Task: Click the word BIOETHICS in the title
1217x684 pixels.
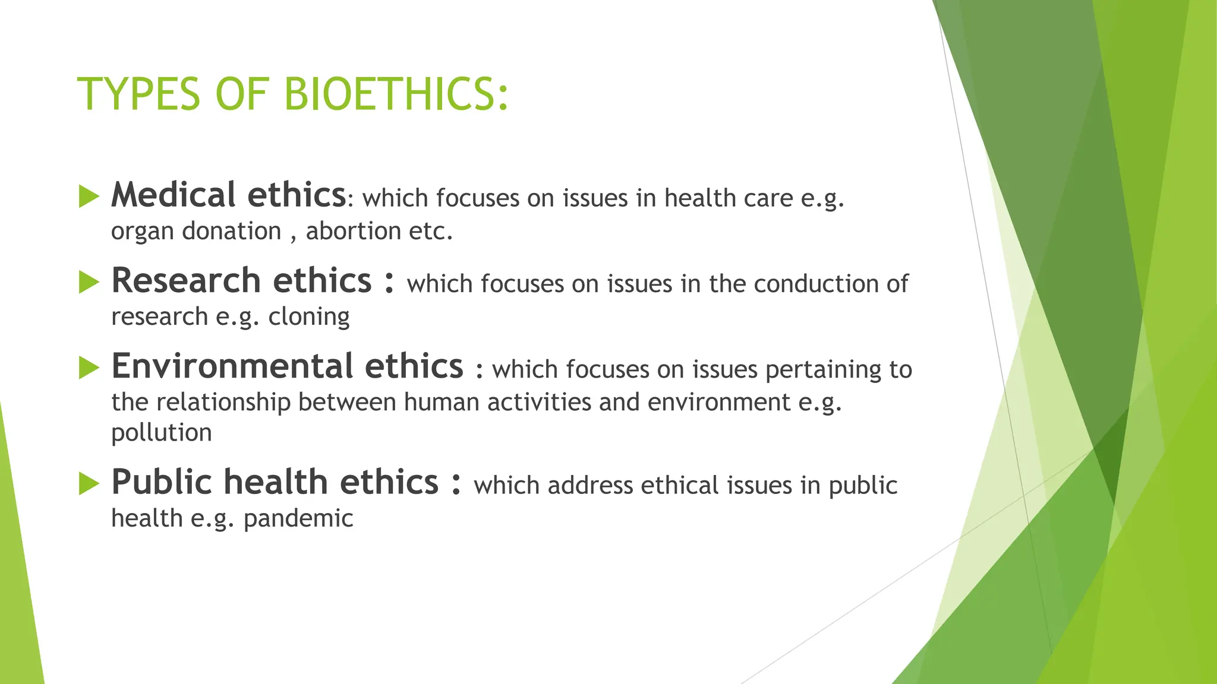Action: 396,94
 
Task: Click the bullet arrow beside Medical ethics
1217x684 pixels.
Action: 89,197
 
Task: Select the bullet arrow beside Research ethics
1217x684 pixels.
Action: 89,282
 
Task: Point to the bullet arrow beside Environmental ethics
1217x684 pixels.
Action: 89,368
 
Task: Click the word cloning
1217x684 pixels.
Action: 309,317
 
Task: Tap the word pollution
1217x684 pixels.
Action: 162,433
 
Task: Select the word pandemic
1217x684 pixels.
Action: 298,518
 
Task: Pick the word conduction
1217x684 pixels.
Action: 816,284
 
